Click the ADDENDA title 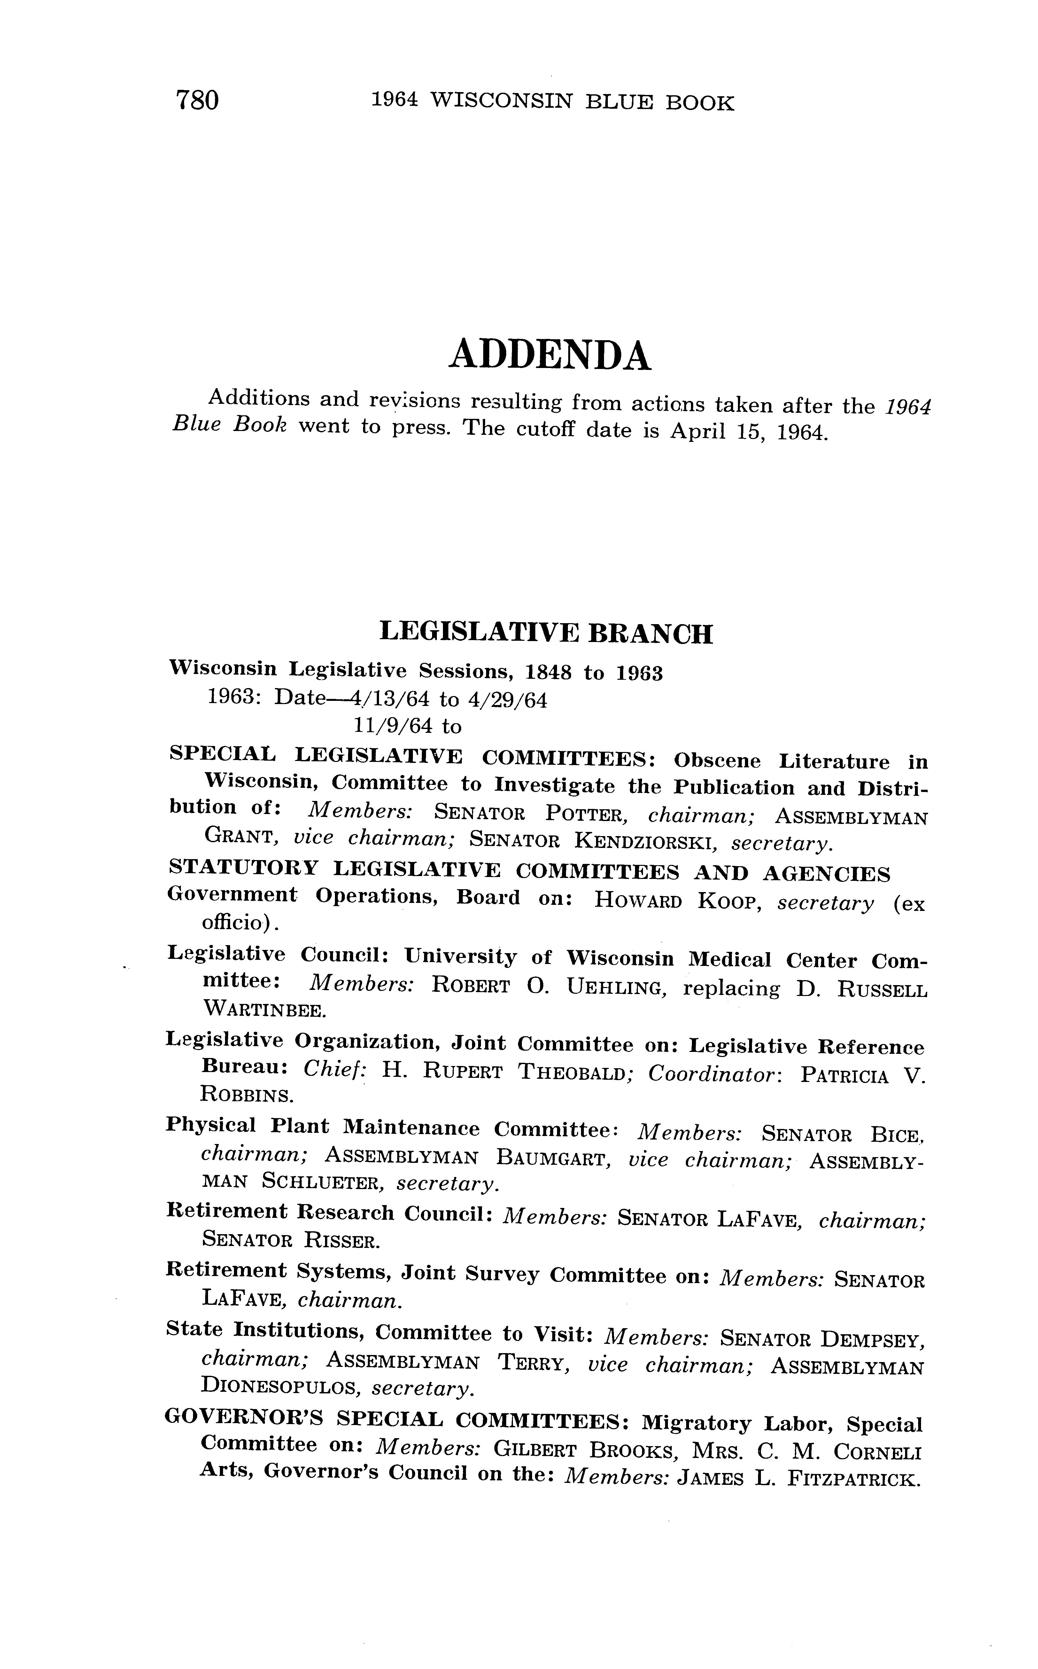coord(549,356)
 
